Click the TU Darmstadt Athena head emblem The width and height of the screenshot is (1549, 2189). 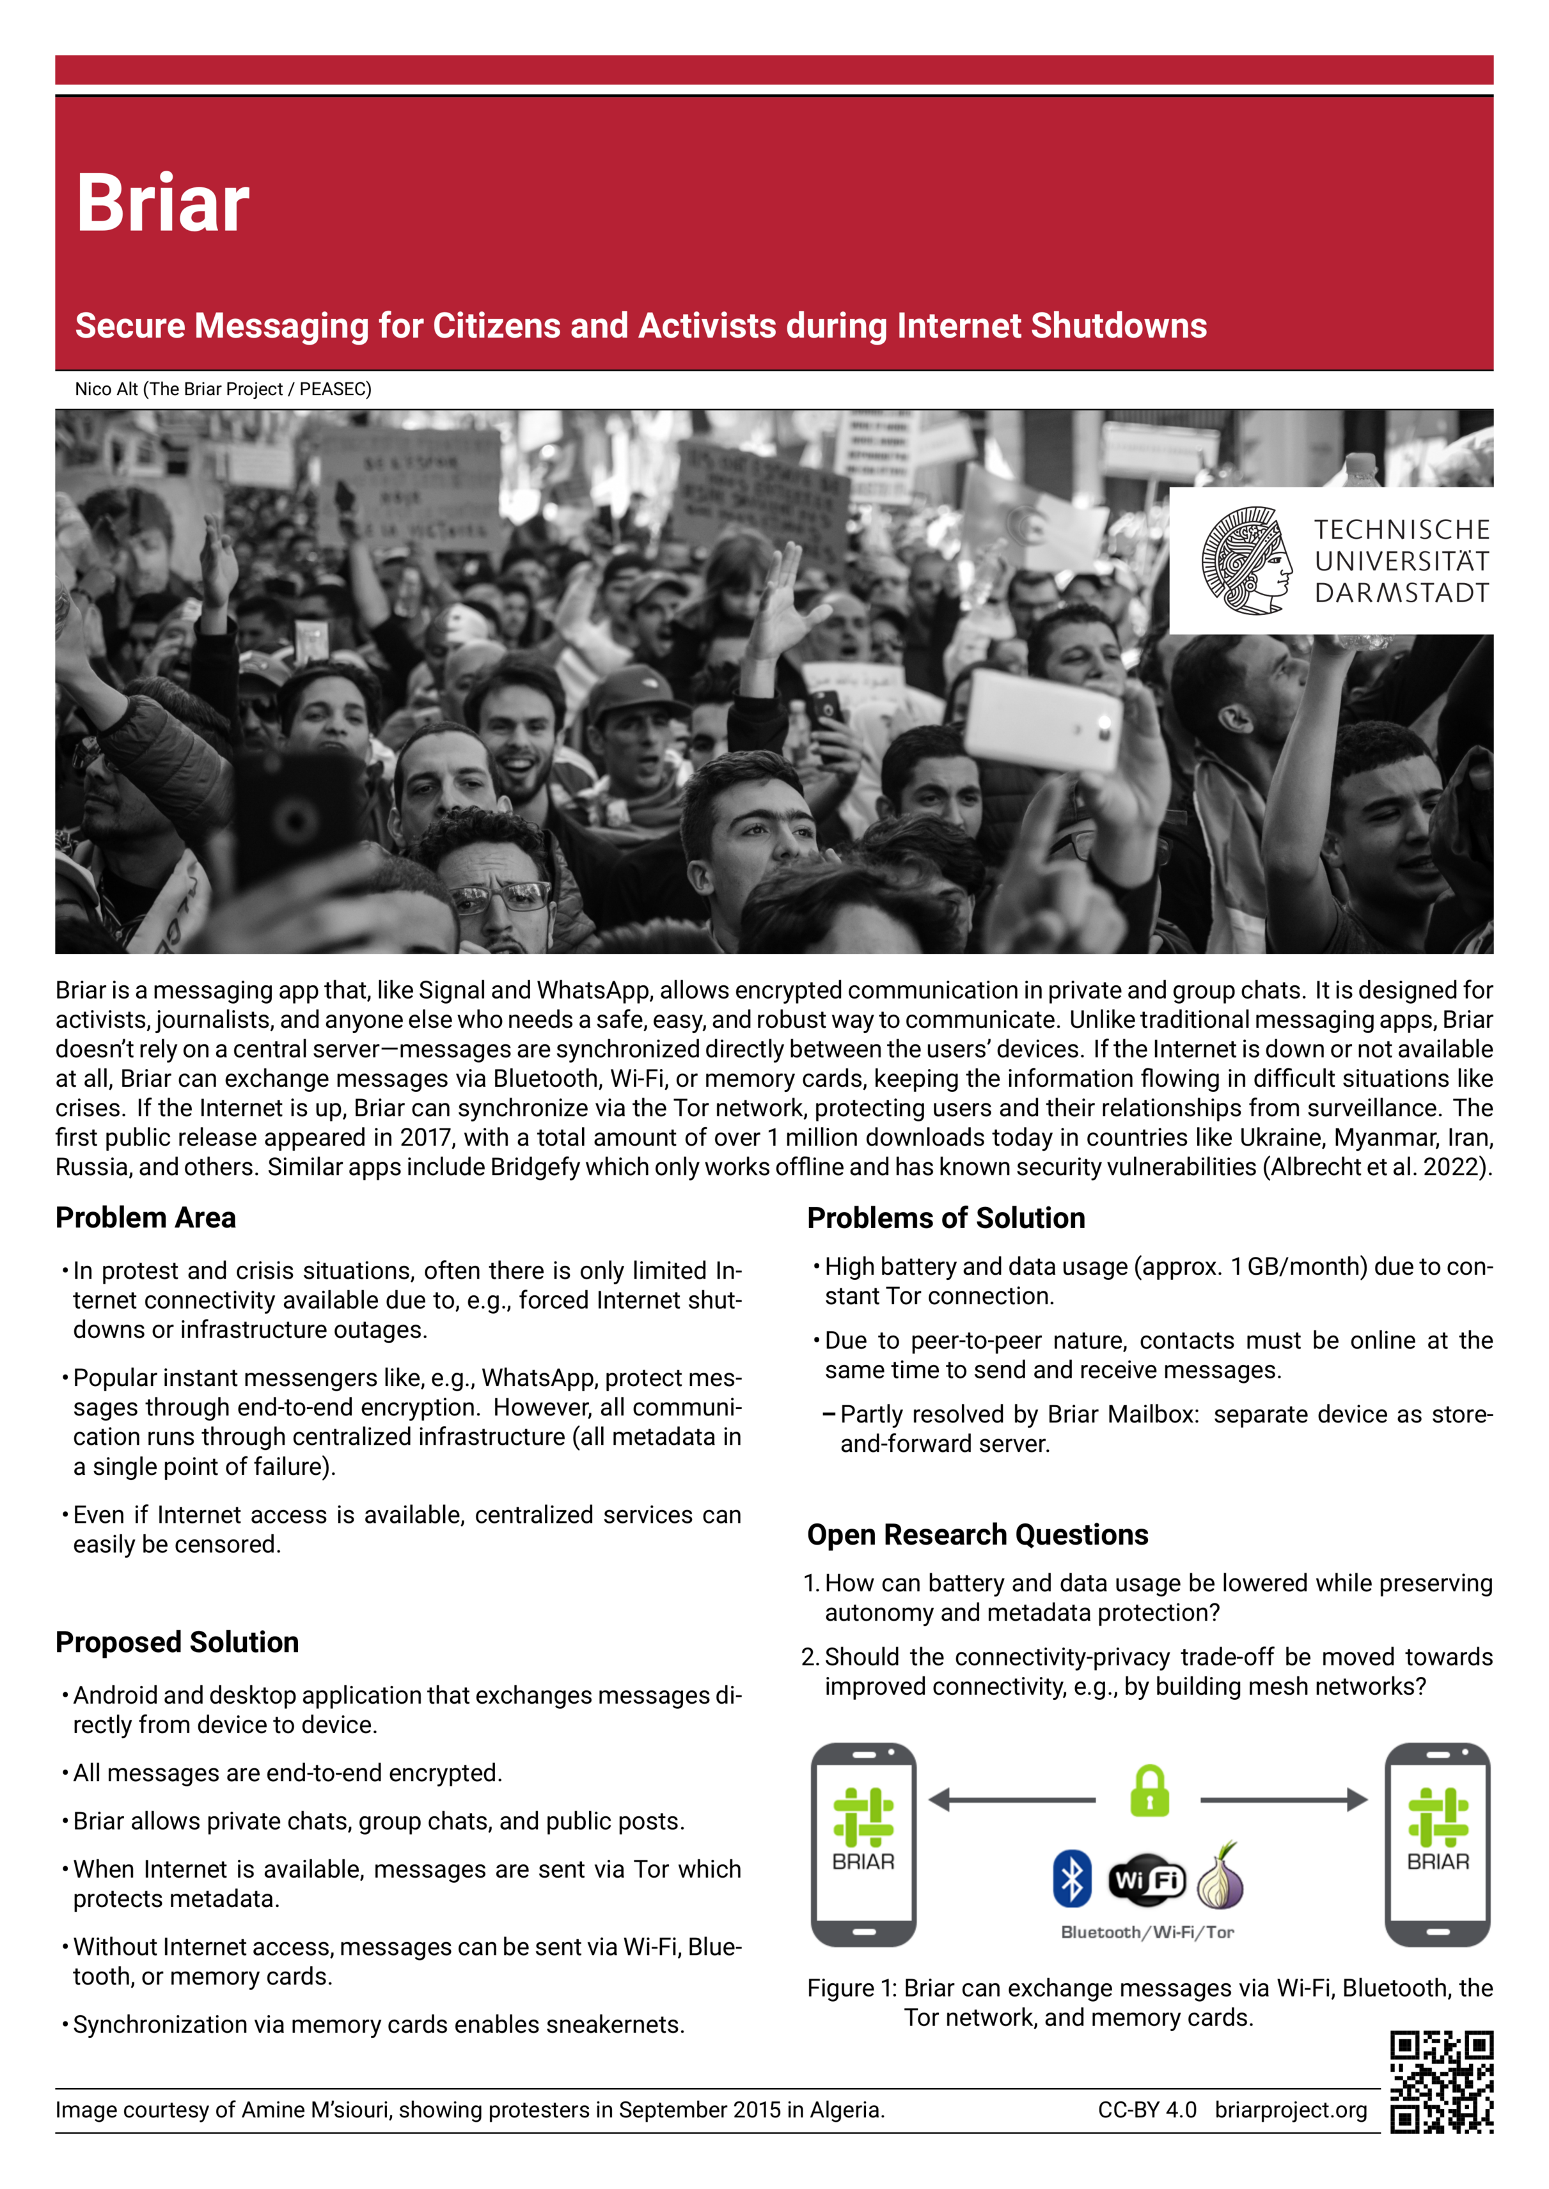[x=1246, y=561]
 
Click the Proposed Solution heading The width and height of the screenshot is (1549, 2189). [x=177, y=1642]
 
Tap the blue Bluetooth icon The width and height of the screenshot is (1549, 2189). [x=1072, y=1878]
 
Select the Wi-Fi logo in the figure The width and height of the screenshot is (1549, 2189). [x=1147, y=1880]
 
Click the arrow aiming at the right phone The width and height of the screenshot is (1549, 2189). [x=1284, y=1800]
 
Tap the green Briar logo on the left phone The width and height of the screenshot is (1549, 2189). [x=863, y=1816]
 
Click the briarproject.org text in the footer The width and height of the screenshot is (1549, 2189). [x=1291, y=2110]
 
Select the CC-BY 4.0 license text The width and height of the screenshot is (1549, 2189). [x=1147, y=2110]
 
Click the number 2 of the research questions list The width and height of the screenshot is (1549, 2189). [x=810, y=1657]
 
